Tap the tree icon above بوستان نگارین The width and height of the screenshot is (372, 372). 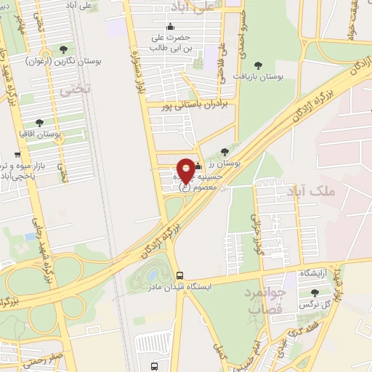click(x=64, y=49)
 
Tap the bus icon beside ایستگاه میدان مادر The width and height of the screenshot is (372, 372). click(x=179, y=275)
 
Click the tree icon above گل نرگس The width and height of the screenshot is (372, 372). click(x=314, y=293)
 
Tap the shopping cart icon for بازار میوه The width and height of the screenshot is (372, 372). click(x=17, y=154)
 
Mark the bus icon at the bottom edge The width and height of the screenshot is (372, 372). click(x=153, y=366)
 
